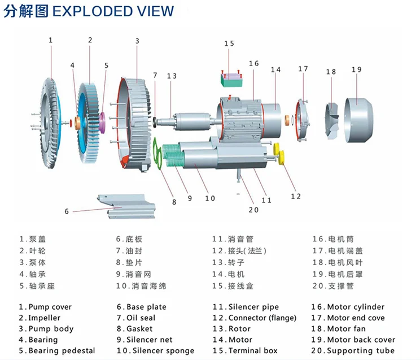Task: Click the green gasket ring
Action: [159, 154]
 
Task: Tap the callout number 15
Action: [229, 44]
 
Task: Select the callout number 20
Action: [253, 210]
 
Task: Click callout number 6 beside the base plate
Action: [67, 211]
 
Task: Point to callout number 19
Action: [356, 70]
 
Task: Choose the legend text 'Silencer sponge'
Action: [159, 350]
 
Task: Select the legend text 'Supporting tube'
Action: [357, 350]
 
